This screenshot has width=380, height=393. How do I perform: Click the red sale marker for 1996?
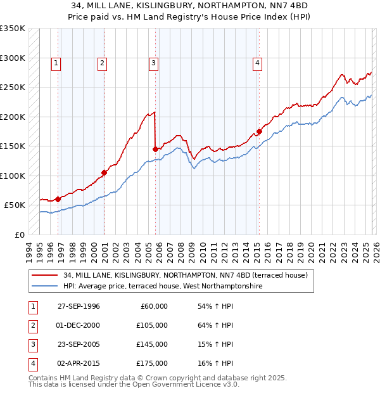pyautogui.click(x=58, y=199)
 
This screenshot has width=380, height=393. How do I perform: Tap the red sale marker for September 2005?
pyautogui.click(x=156, y=149)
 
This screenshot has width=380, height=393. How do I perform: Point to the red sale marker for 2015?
pyautogui.click(x=259, y=132)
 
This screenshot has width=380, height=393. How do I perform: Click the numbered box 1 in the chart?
pyautogui.click(x=57, y=62)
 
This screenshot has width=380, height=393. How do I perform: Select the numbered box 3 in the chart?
pyautogui.click(x=154, y=62)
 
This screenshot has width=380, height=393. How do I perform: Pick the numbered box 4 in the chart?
pyautogui.click(x=258, y=62)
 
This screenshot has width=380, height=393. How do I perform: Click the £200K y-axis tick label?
pyautogui.click(x=13, y=117)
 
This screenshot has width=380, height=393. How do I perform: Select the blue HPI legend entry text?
pyautogui.click(x=163, y=287)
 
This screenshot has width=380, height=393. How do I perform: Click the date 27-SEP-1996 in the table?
pyautogui.click(x=79, y=306)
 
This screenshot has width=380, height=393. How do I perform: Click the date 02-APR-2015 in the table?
pyautogui.click(x=79, y=363)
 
